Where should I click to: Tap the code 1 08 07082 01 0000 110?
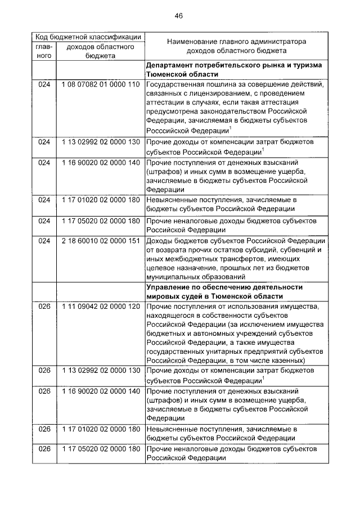(101, 84)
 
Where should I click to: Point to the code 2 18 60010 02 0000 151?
(101, 241)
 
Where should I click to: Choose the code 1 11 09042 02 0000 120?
(101, 307)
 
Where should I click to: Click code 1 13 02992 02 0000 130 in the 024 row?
(101, 143)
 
